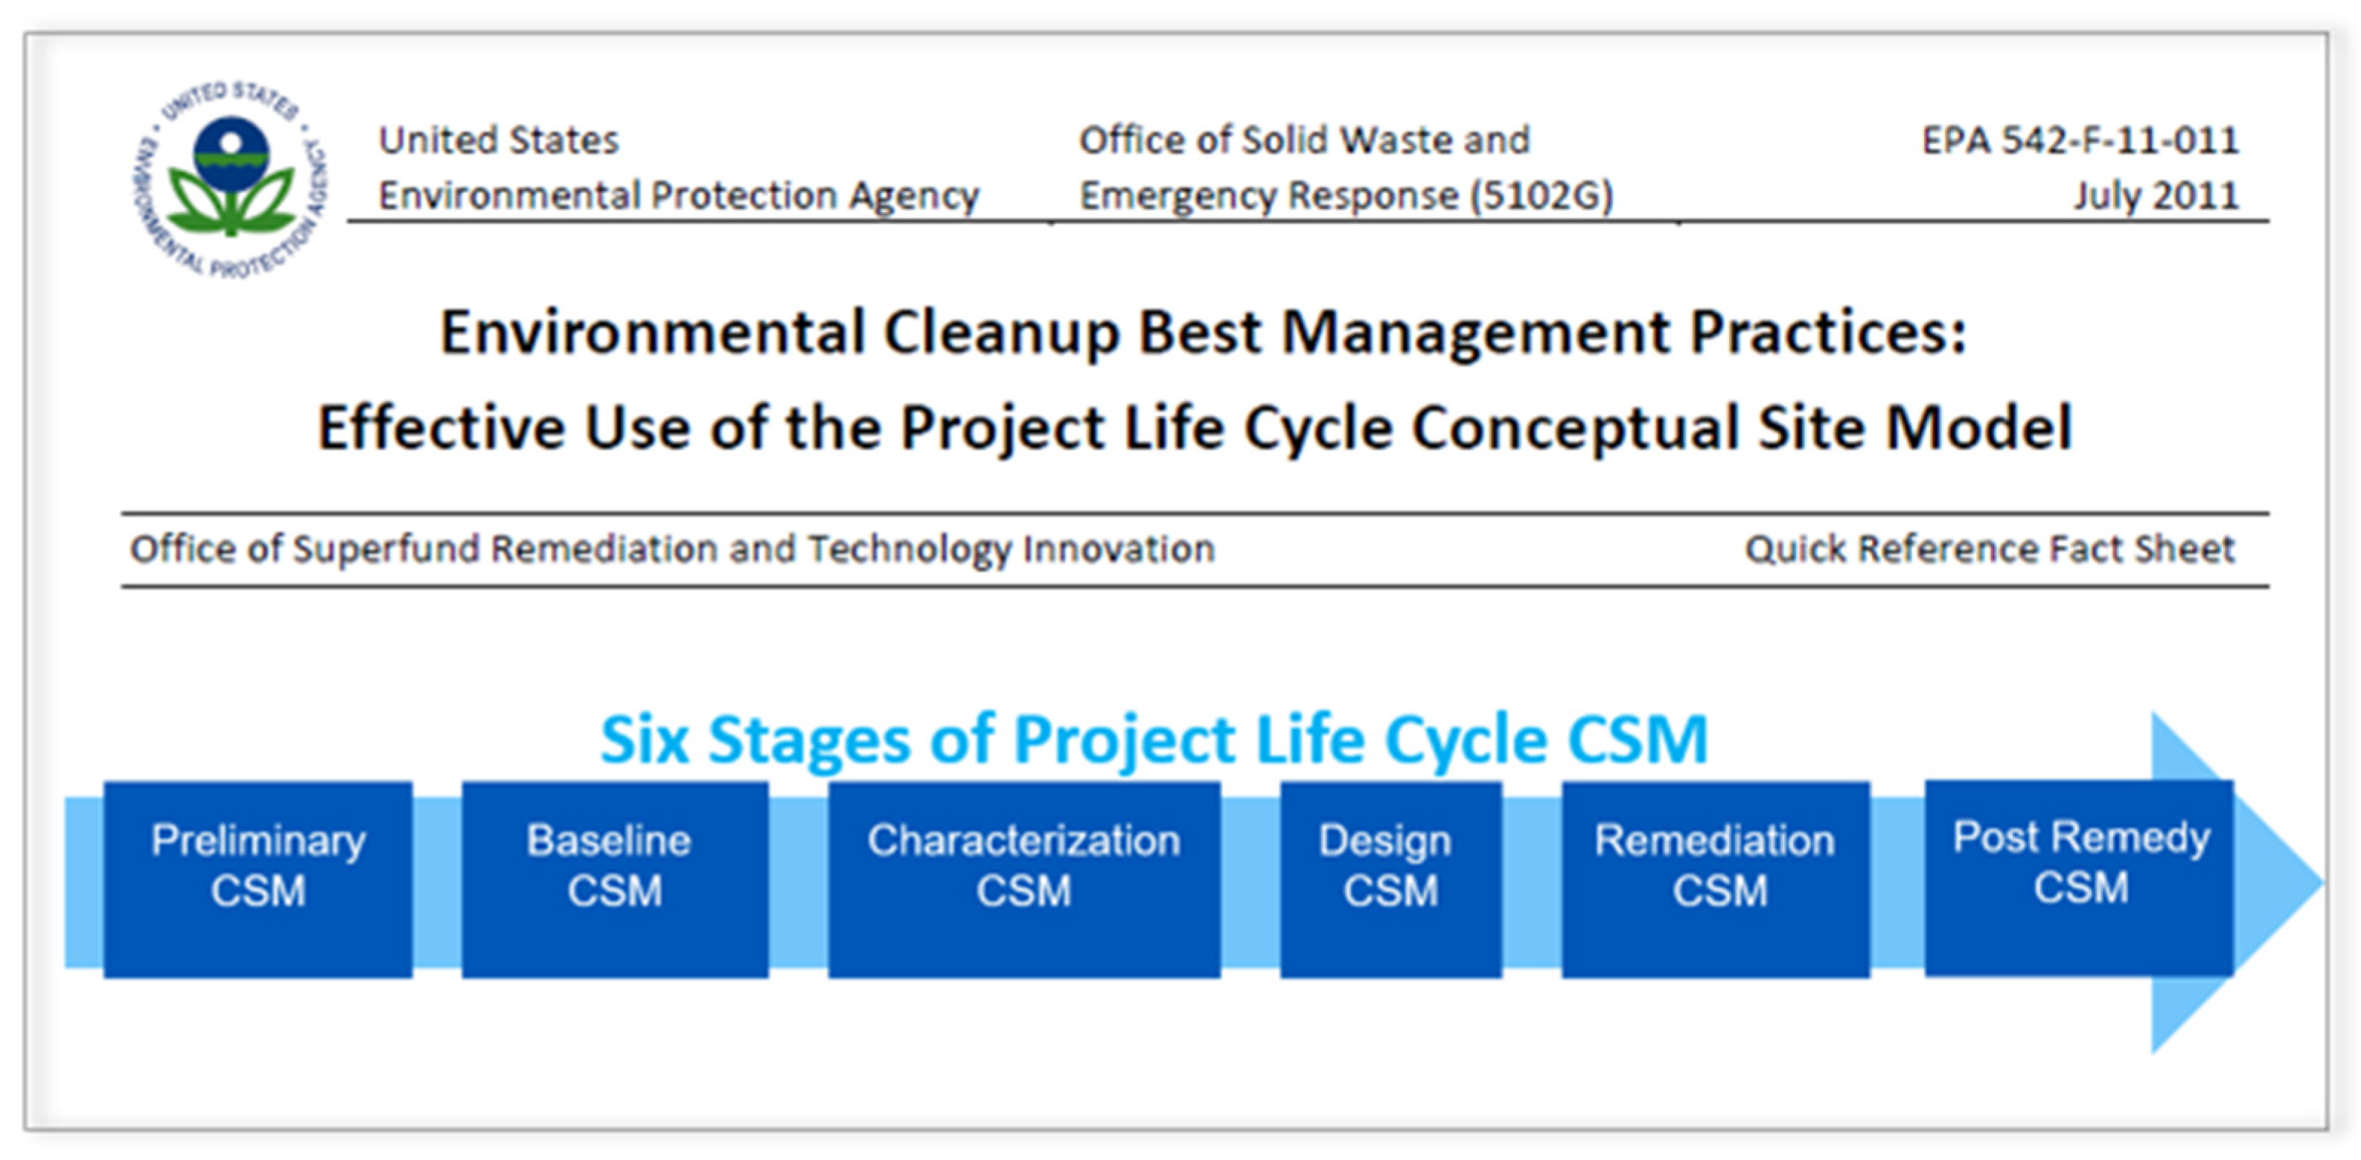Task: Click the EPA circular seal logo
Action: click(231, 179)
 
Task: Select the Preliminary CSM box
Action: click(258, 879)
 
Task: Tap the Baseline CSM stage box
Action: click(615, 879)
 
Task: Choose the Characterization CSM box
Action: click(1023, 879)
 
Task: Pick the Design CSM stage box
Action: click(1390, 879)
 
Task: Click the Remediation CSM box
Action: click(1716, 879)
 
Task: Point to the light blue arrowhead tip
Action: click(2322, 882)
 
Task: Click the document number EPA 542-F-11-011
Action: click(2080, 140)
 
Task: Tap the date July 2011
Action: click(2156, 195)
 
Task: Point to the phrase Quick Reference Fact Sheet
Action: click(1990, 549)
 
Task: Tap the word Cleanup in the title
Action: click(1002, 333)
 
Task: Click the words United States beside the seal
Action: click(499, 140)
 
